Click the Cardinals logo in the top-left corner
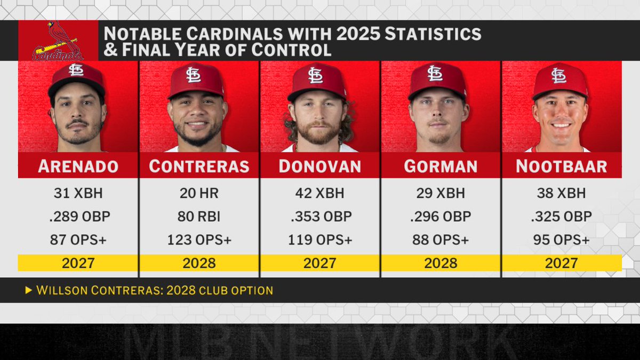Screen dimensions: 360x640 pyautogui.click(x=58, y=41)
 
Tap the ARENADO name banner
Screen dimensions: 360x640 pyautogui.click(x=78, y=166)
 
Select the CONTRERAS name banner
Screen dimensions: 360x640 pyautogui.click(x=199, y=166)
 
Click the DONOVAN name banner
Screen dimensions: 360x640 pyautogui.click(x=319, y=166)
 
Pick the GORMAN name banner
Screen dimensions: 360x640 pyautogui.click(x=441, y=166)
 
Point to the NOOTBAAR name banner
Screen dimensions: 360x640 pyautogui.click(x=561, y=166)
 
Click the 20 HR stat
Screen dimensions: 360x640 pyautogui.click(x=199, y=193)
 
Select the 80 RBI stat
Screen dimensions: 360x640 pyautogui.click(x=199, y=217)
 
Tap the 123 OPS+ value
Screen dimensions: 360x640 pyautogui.click(x=199, y=240)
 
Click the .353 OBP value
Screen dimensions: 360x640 pyautogui.click(x=319, y=217)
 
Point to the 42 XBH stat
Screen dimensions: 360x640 pyautogui.click(x=319, y=193)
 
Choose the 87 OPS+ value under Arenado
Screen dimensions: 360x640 pyautogui.click(x=78, y=240)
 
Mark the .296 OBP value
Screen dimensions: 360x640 pyautogui.click(x=441, y=217)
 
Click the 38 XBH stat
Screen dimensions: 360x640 pyautogui.click(x=561, y=193)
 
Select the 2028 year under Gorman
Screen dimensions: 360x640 pyautogui.click(x=441, y=263)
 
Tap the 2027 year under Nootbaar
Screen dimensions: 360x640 pyautogui.click(x=561, y=263)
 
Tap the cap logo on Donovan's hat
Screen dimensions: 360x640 pyautogui.click(x=315, y=75)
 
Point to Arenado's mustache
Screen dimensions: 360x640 pyautogui.click(x=78, y=123)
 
